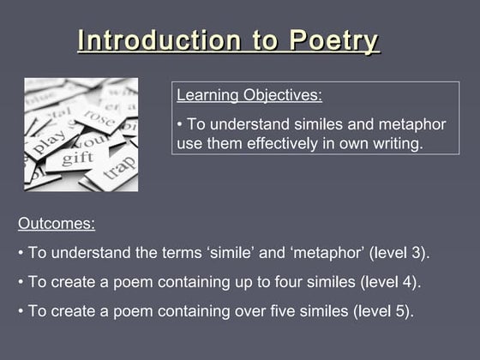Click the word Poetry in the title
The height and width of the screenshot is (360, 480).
[333, 40]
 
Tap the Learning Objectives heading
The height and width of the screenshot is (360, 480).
[249, 95]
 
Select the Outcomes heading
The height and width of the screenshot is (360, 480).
[57, 225]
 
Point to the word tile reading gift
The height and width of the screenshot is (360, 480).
[77, 158]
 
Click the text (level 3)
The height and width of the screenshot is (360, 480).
[399, 253]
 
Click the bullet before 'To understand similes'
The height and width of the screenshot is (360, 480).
[179, 125]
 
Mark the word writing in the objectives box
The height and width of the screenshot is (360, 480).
[396, 143]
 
